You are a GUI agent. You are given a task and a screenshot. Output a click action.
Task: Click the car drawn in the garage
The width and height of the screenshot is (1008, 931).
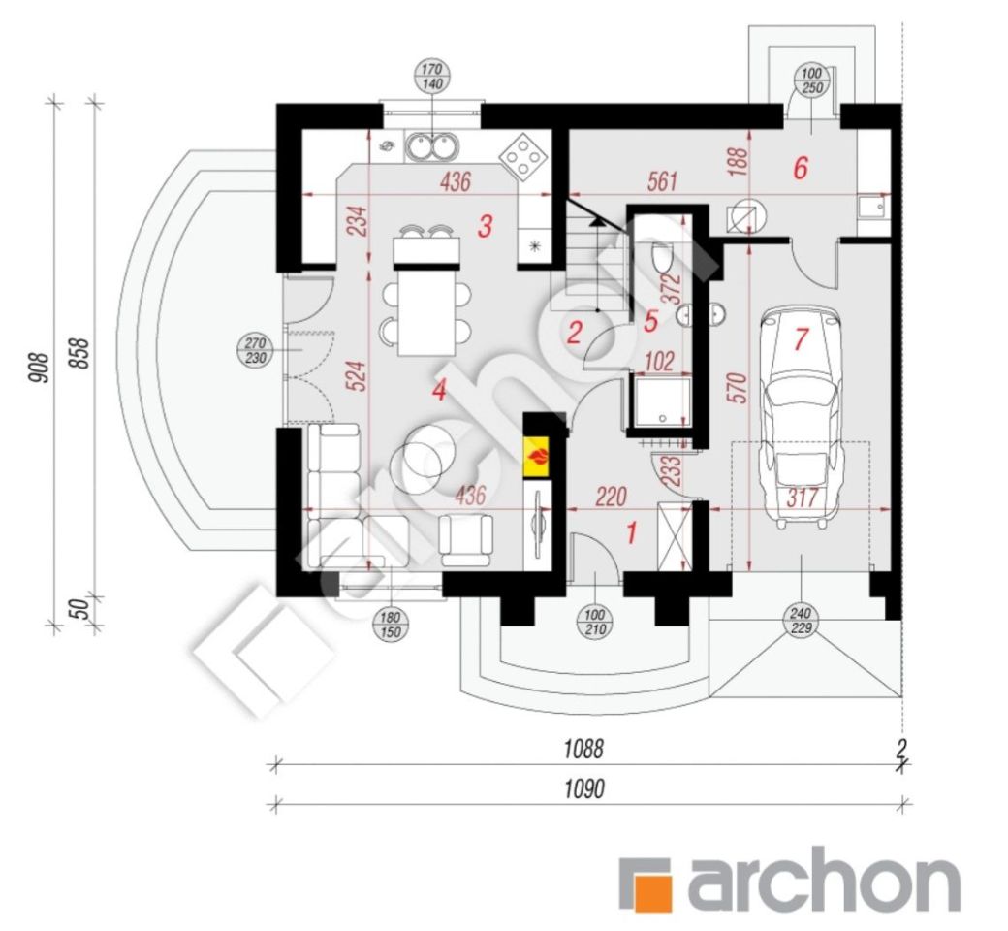click(801, 418)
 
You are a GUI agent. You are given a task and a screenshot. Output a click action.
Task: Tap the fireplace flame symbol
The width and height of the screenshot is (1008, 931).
click(537, 458)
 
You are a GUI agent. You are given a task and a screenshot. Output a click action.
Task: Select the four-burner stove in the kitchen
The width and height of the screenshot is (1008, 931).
click(524, 155)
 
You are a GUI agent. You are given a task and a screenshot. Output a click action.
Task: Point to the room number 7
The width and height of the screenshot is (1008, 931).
click(801, 339)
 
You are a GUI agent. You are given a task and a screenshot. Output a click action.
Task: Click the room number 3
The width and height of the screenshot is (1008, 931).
click(486, 226)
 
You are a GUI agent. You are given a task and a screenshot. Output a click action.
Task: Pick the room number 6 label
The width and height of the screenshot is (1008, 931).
click(801, 168)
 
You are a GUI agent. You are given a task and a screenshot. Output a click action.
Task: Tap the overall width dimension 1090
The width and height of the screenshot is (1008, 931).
click(584, 788)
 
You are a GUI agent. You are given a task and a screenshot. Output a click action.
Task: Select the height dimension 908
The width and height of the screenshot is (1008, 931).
click(39, 368)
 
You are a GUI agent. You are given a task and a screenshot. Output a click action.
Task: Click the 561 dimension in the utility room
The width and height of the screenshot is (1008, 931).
click(661, 181)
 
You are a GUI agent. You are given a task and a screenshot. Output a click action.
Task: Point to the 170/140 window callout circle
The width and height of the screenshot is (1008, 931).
click(433, 76)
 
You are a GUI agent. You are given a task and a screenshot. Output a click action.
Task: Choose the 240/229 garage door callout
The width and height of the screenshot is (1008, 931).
click(801, 621)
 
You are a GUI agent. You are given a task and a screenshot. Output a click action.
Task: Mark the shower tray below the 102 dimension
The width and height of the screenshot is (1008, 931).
click(661, 402)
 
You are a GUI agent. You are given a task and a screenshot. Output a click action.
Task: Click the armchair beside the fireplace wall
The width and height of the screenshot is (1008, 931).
click(466, 540)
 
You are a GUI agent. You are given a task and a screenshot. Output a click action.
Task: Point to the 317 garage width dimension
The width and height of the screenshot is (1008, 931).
click(802, 498)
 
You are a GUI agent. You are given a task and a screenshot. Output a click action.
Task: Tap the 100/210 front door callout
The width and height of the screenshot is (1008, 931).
click(595, 623)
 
